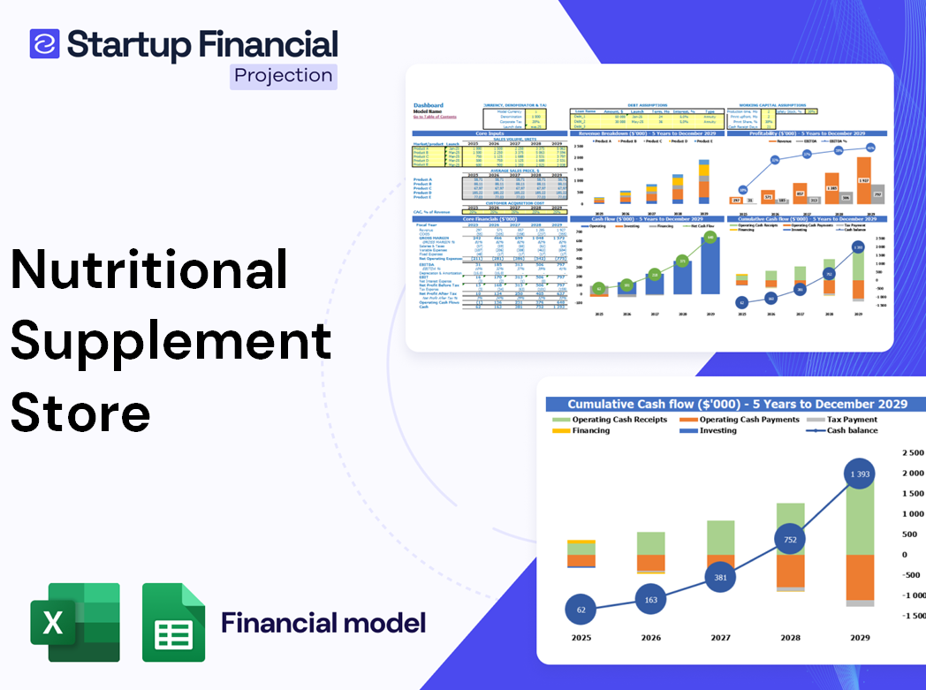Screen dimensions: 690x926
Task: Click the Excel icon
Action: tap(75, 623)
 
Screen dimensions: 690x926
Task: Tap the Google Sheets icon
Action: tap(173, 623)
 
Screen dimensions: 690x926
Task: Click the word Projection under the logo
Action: tap(284, 76)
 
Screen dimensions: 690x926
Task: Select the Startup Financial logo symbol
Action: tap(44, 43)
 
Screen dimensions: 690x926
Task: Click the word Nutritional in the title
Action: tap(148, 269)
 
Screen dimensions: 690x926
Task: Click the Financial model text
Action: tap(323, 623)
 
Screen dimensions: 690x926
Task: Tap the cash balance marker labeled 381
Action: tap(720, 577)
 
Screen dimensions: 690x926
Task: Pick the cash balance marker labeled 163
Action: tap(651, 600)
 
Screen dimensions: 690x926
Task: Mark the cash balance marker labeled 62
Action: tap(580, 610)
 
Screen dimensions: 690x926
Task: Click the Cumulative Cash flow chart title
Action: tap(737, 404)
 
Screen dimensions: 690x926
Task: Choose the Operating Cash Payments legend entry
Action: tap(748, 420)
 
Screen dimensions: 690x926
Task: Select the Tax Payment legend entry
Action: tap(852, 420)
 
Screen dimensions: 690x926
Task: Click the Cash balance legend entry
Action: tap(852, 430)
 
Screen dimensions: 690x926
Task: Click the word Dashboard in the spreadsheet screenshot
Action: tap(429, 105)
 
